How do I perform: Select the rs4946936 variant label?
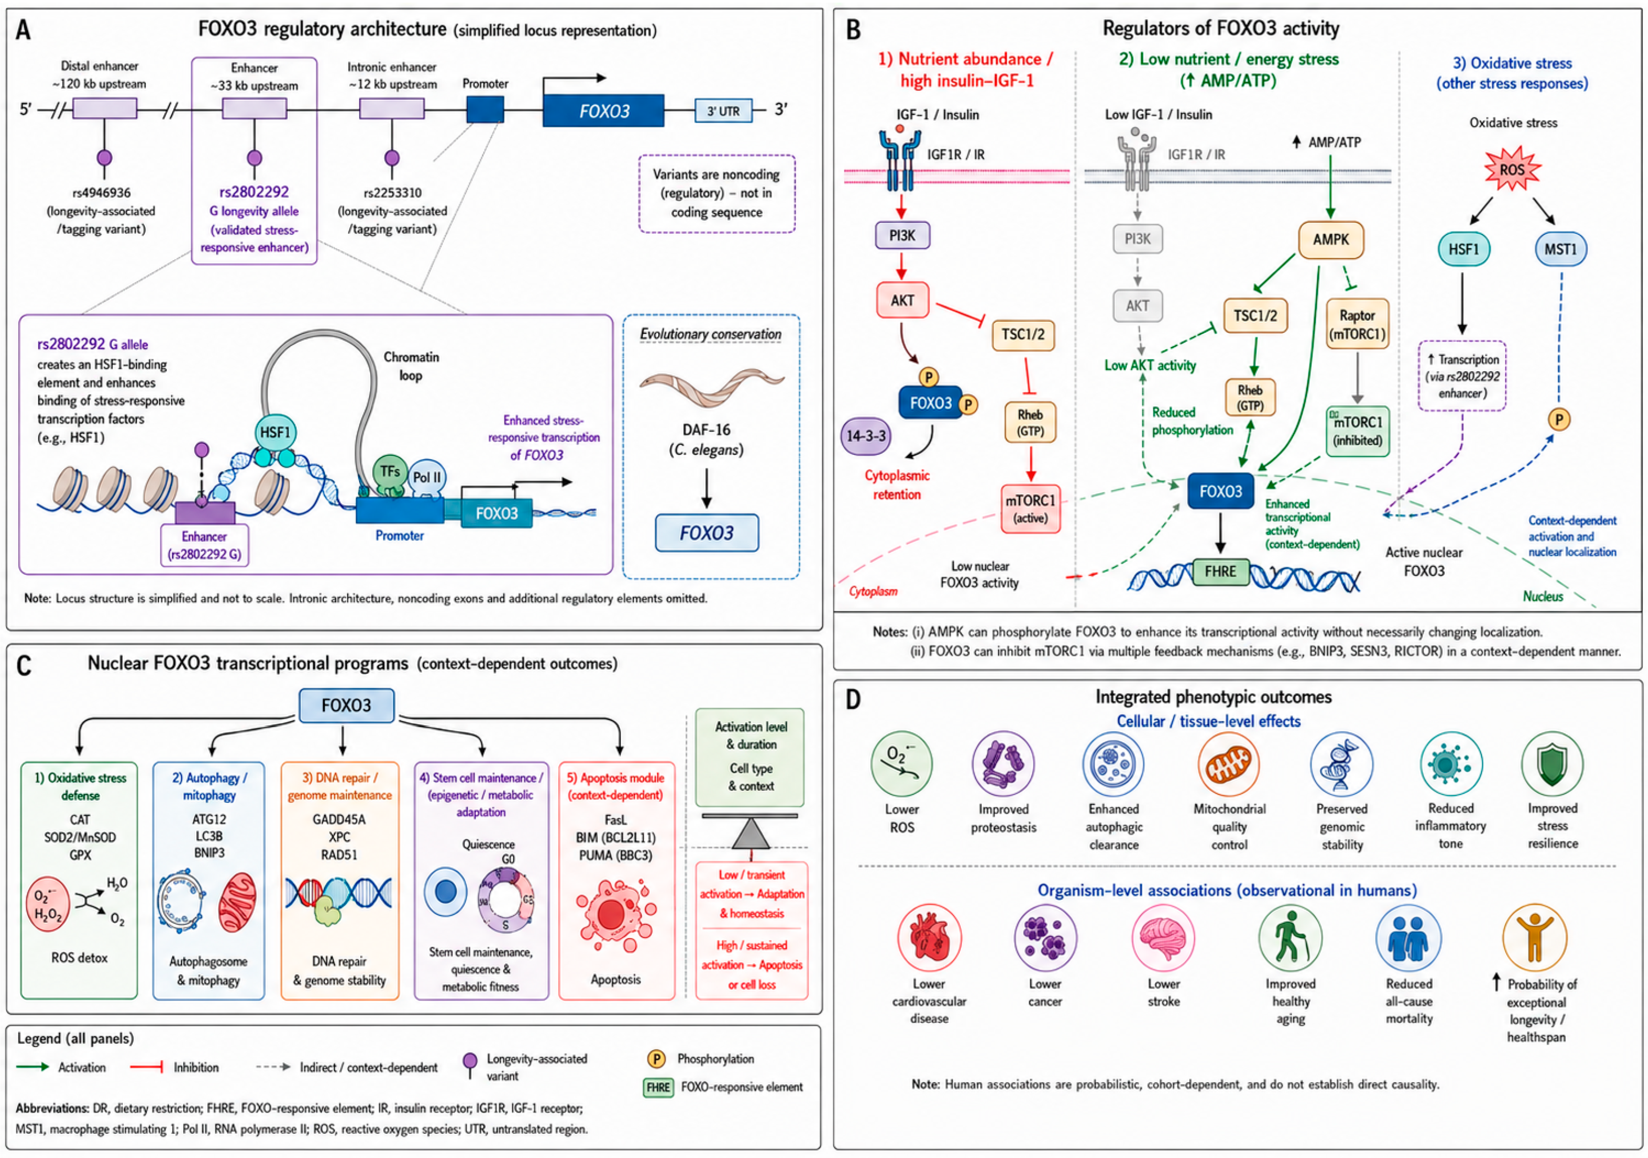pyautogui.click(x=101, y=192)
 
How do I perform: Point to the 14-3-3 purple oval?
pyautogui.click(x=866, y=436)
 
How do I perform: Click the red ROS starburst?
pyautogui.click(x=1512, y=169)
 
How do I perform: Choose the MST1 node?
pyautogui.click(x=1561, y=249)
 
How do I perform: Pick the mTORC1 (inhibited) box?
pyautogui.click(x=1357, y=431)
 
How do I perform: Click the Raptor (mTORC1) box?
pyautogui.click(x=1357, y=324)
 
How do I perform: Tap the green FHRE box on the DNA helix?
pyautogui.click(x=1220, y=572)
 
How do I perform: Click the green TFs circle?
pyautogui.click(x=390, y=472)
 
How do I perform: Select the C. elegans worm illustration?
pyautogui.click(x=711, y=388)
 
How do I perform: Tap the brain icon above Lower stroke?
pyautogui.click(x=1163, y=937)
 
